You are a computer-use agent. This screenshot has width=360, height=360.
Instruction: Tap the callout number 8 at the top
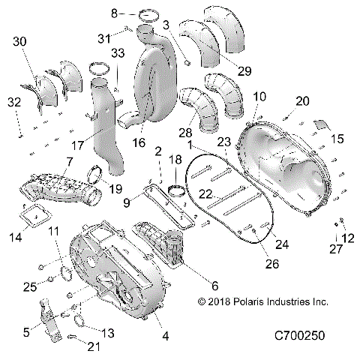click(114, 13)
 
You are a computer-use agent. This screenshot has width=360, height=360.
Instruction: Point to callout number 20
click(302, 101)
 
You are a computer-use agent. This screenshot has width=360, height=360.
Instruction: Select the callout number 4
click(165, 335)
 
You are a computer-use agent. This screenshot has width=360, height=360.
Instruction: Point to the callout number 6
click(215, 285)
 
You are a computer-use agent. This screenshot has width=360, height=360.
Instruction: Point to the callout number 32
click(14, 101)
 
